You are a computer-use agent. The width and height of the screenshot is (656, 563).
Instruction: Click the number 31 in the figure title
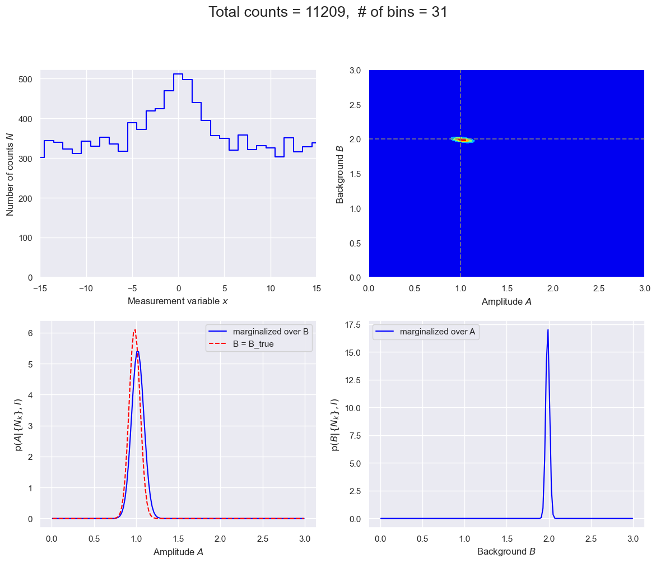440,12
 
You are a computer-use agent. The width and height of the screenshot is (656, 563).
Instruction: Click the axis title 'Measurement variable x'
178,301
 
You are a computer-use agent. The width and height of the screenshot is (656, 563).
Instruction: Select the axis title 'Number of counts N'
11,174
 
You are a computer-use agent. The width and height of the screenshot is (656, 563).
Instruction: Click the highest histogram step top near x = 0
178,74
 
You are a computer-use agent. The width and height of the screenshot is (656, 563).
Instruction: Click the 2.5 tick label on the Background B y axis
357,105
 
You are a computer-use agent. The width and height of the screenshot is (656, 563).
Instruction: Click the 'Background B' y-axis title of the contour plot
339,174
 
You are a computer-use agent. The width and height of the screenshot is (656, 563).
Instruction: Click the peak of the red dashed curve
135,330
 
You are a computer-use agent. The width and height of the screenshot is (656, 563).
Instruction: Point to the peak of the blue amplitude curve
137,352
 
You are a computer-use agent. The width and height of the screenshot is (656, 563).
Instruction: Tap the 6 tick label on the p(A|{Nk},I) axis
32,333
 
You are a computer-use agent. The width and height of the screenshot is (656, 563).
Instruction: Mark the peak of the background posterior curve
548,329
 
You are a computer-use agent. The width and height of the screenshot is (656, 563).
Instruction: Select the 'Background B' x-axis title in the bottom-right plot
506,552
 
